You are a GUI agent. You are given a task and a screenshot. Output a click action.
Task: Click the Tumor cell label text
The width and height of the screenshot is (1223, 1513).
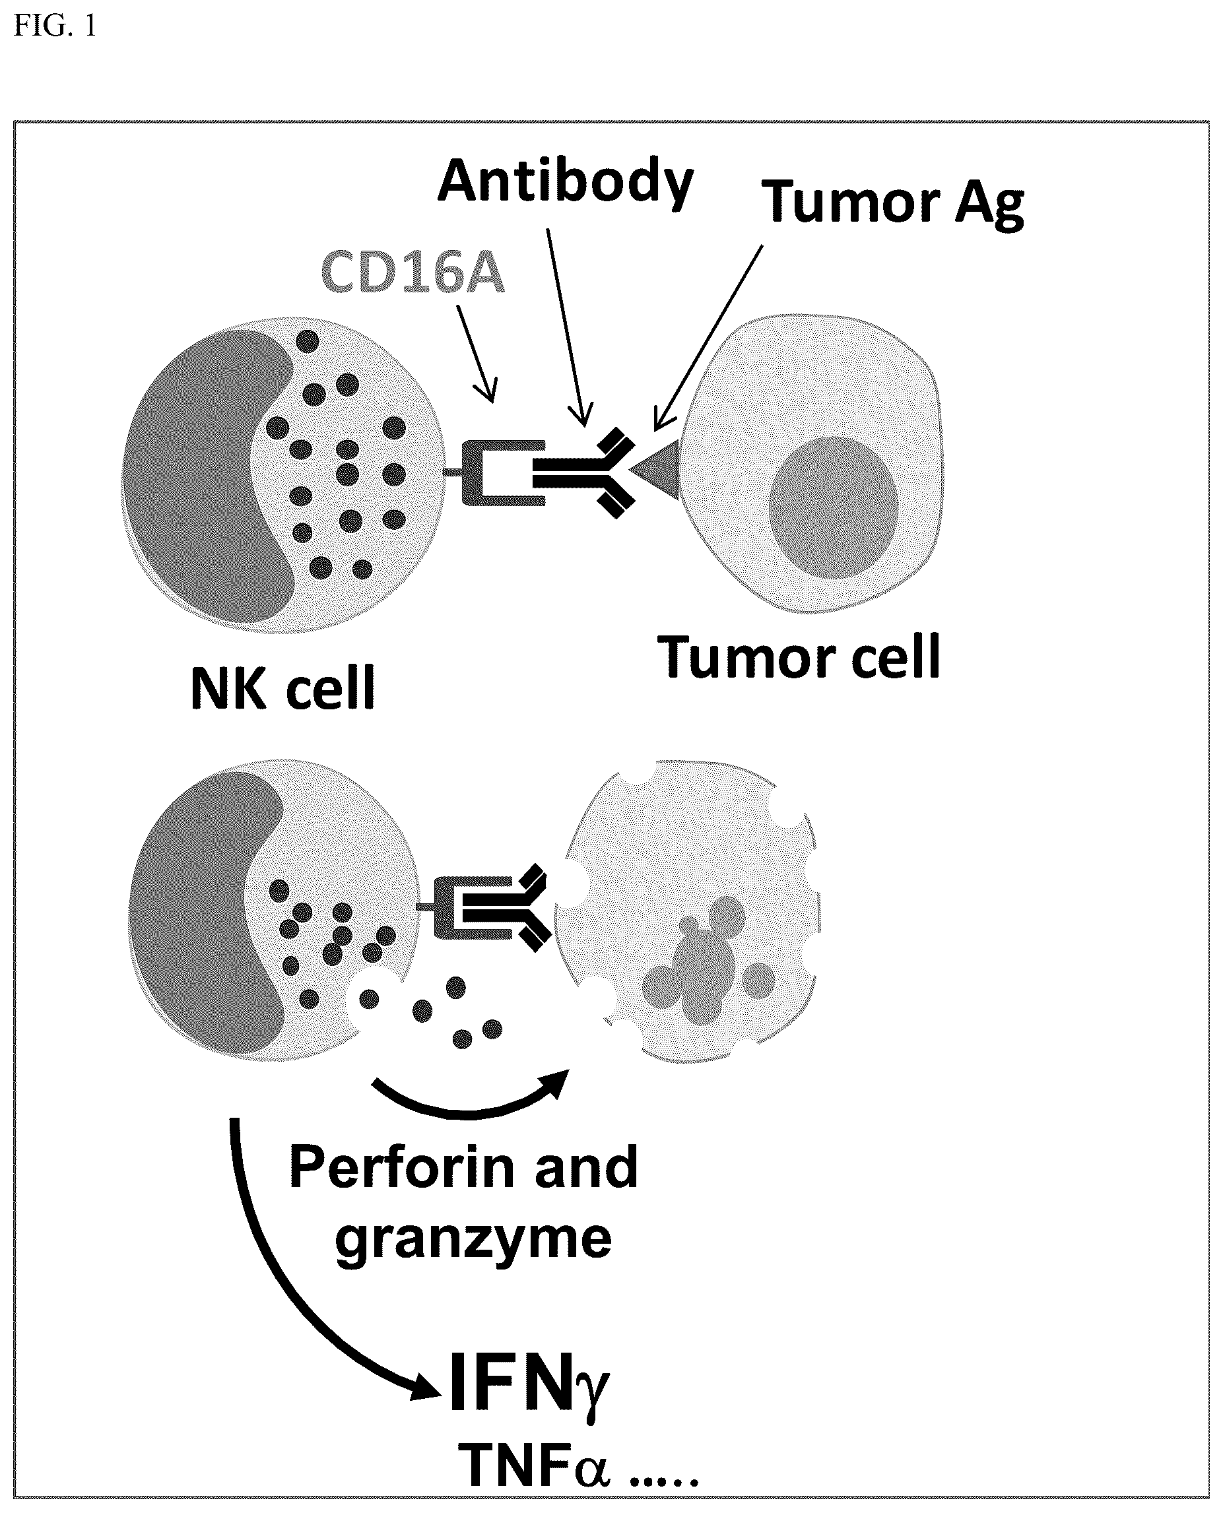(x=799, y=656)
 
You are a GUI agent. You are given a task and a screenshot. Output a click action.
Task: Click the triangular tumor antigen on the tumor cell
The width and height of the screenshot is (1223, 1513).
(x=655, y=470)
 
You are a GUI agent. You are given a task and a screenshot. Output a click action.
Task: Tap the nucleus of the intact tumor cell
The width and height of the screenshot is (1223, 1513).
(x=834, y=507)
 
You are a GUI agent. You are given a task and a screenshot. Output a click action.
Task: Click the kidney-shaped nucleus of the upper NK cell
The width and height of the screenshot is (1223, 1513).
(x=205, y=479)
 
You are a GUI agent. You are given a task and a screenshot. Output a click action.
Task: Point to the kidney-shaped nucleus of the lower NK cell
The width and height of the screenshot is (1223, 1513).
(x=205, y=916)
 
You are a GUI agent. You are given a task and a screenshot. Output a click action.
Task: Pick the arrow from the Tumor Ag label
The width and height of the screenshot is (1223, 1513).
(x=708, y=338)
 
